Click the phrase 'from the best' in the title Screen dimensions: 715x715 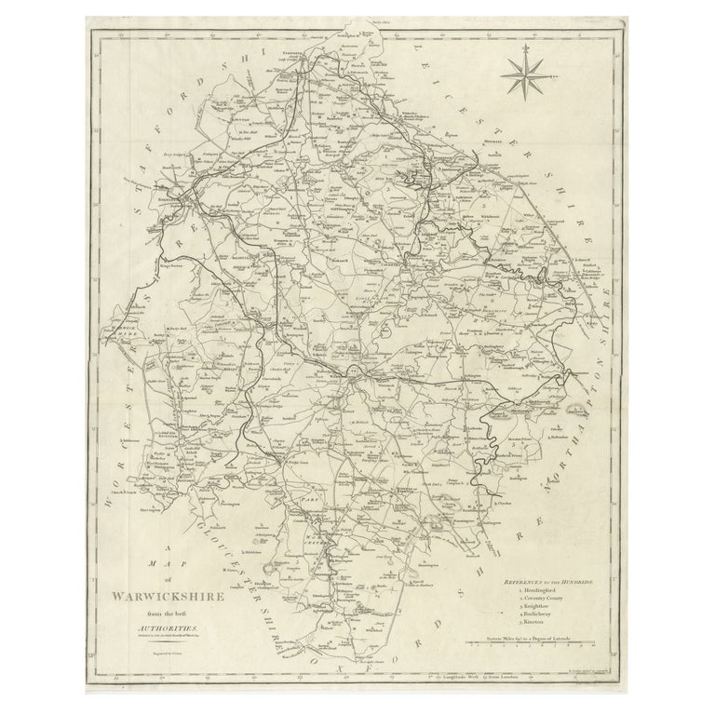pos(166,614)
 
